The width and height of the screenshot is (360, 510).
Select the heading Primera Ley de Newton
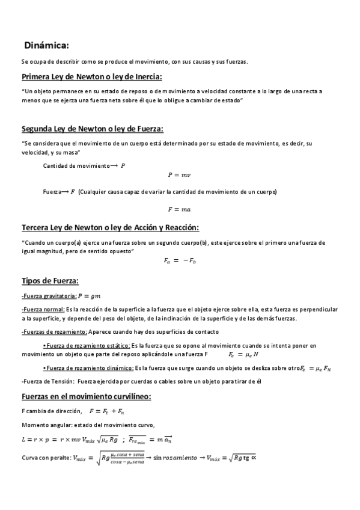pyautogui.click(x=92, y=76)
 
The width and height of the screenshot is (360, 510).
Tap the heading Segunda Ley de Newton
pyautogui.click(x=93, y=129)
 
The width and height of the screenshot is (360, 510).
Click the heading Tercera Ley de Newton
pyautogui.click(x=110, y=227)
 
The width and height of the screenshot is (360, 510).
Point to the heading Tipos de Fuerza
pyautogui.click(x=50, y=280)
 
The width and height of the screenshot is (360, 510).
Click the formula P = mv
pyautogui.click(x=179, y=174)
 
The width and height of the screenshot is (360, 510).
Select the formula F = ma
pyautogui.click(x=179, y=209)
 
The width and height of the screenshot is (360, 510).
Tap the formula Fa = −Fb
pyautogui.click(x=180, y=260)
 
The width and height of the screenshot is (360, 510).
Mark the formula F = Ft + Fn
pyautogui.click(x=106, y=411)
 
